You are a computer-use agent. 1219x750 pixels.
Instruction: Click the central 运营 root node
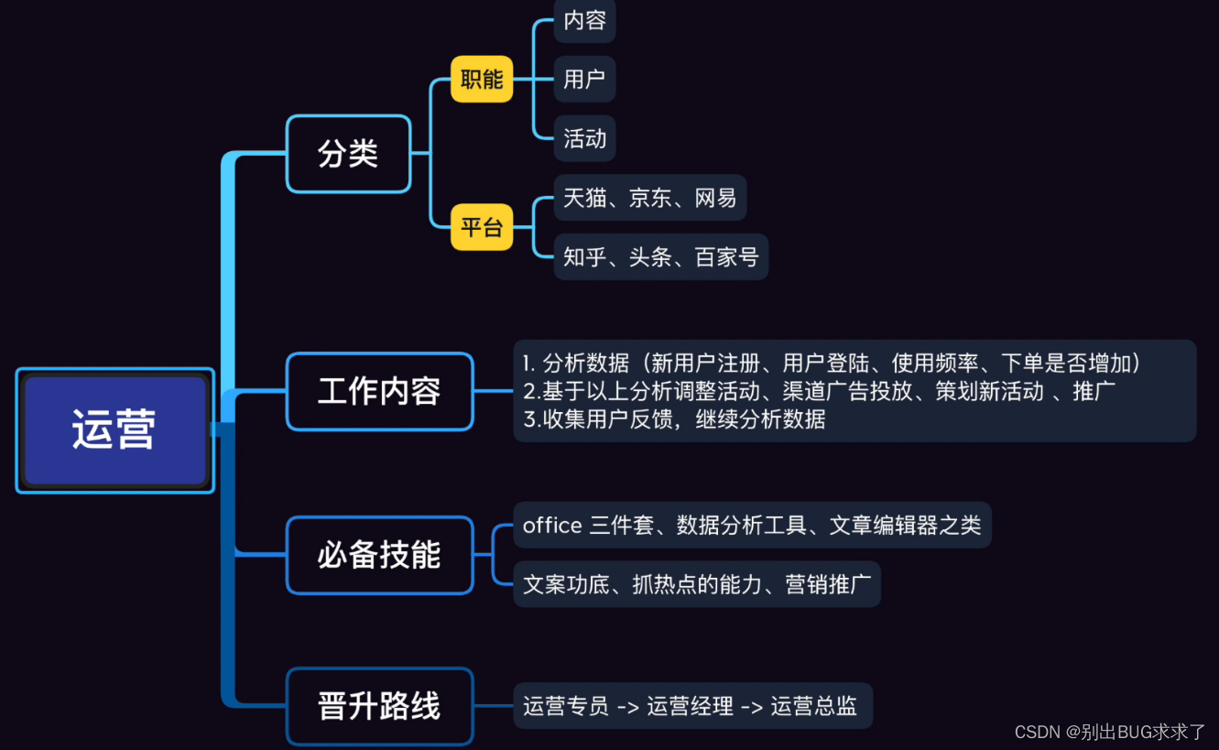click(114, 430)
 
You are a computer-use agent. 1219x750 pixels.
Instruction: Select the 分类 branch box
click(348, 154)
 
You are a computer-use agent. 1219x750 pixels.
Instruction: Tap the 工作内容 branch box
click(379, 391)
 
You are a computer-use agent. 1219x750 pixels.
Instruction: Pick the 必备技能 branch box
click(379, 555)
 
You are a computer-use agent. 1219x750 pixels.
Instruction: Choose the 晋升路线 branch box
click(379, 706)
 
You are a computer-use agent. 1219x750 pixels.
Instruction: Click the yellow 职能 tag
click(482, 79)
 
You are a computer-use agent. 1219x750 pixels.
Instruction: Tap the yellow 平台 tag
click(482, 227)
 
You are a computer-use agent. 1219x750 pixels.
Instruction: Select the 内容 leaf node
click(584, 20)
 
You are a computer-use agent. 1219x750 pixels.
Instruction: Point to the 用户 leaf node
click(584, 79)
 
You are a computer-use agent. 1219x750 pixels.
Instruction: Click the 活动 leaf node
click(584, 138)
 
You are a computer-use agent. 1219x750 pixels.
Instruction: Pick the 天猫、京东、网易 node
click(649, 198)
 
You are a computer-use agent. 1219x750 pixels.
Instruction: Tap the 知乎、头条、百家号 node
click(660, 257)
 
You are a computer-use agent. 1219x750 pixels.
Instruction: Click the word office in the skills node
click(552, 526)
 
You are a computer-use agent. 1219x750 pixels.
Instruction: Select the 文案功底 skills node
click(696, 584)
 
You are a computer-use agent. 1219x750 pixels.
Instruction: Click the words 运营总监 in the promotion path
click(813, 706)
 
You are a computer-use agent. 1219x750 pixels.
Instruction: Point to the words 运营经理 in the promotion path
click(690, 706)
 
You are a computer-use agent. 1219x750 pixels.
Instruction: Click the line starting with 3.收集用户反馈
click(674, 419)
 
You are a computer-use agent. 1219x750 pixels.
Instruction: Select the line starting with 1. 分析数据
click(832, 363)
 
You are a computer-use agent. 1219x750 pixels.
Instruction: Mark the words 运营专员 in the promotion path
click(566, 706)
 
